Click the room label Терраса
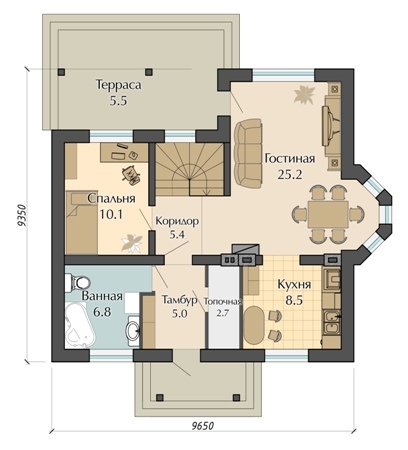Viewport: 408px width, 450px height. click(119, 85)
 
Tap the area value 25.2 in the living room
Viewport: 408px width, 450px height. click(290, 174)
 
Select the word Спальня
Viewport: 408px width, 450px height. click(111, 199)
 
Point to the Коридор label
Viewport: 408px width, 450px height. click(177, 221)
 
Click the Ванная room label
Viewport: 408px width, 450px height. click(102, 296)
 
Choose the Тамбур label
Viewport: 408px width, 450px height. click(179, 300)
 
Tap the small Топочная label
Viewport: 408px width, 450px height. click(222, 302)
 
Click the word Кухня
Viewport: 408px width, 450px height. click(294, 285)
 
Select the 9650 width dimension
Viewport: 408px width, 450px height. click(203, 426)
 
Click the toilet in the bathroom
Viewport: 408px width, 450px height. click(77, 283)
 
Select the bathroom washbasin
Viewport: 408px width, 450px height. click(133, 331)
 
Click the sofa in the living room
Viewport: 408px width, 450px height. click(248, 153)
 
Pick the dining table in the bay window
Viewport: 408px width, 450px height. click(328, 214)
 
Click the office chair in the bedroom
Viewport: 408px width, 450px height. click(131, 174)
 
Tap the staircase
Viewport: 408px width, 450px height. click(190, 170)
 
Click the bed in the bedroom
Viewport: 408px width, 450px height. click(82, 222)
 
